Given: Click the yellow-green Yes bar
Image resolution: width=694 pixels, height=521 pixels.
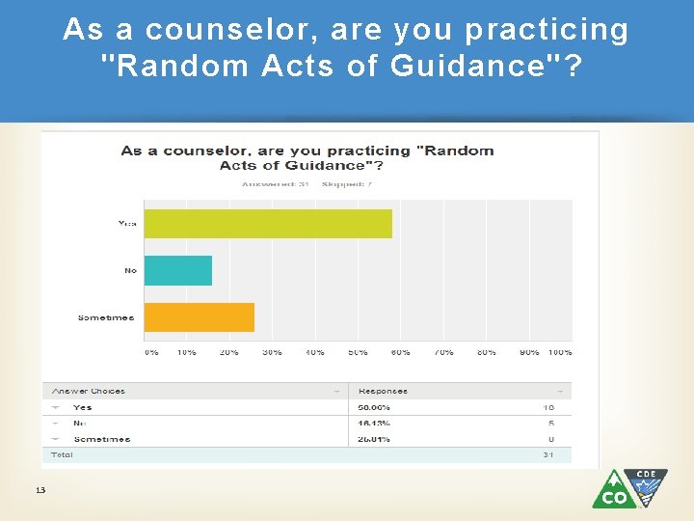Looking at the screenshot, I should coord(268,223).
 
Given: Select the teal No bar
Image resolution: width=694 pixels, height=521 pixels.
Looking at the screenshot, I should coord(178,270).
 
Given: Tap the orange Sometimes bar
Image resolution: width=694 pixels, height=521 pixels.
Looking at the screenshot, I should coord(200,317).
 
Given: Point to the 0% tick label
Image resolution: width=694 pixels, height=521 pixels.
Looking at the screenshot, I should coord(151,352).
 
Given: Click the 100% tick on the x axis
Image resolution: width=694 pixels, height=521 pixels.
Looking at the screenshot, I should coord(560,352).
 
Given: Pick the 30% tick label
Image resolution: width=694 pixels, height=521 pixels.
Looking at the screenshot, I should coord(272,352).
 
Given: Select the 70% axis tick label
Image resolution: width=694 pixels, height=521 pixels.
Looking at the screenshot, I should coord(443,352).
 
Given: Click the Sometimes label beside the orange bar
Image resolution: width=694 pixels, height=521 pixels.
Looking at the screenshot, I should coord(106,317).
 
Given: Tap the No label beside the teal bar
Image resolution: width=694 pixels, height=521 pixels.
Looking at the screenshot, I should coord(130,270).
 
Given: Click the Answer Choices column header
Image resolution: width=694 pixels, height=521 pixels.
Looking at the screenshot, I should coord(89,391).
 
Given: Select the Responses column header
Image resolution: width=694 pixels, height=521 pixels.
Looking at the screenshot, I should coord(383,391).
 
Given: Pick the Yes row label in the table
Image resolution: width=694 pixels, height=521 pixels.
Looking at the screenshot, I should coord(83,407).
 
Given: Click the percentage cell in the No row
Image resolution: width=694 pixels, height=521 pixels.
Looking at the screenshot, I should coord(375,423).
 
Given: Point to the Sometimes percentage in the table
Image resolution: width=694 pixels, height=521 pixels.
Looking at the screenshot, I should coord(375,439).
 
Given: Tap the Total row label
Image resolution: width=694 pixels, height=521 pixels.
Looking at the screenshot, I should coord(63,454).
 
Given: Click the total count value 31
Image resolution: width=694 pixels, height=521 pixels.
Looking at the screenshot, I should coord(548,454).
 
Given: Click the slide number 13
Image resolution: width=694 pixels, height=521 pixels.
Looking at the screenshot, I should coord(40,490).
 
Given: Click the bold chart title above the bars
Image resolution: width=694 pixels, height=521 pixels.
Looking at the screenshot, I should coord(307,157).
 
